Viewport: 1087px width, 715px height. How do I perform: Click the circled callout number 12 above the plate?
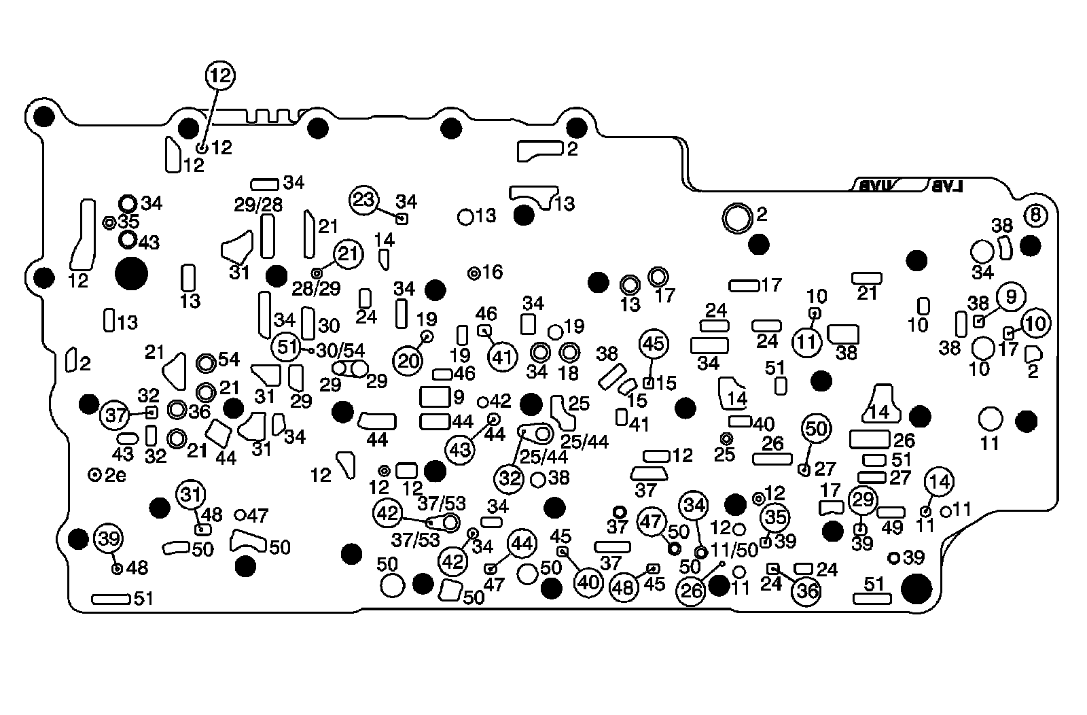coord(219,76)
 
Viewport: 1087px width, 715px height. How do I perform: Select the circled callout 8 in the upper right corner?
coord(1035,216)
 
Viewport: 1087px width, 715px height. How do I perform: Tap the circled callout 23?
coord(365,200)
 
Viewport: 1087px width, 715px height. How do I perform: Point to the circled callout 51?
coord(286,347)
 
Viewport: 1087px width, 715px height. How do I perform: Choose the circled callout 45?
coord(654,345)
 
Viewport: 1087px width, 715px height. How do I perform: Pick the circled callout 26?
coord(692,591)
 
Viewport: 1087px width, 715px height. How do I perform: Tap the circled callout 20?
coord(408,361)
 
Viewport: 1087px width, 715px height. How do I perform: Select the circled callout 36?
coord(807,591)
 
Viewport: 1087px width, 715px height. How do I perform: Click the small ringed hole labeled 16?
coord(474,273)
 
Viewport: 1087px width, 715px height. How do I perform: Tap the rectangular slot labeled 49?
coord(891,512)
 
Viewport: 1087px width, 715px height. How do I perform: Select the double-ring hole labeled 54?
coord(206,363)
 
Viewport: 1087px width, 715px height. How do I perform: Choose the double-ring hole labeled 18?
coord(569,352)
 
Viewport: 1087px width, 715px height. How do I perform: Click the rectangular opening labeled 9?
coord(435,396)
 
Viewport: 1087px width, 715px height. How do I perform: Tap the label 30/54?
coord(340,351)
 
